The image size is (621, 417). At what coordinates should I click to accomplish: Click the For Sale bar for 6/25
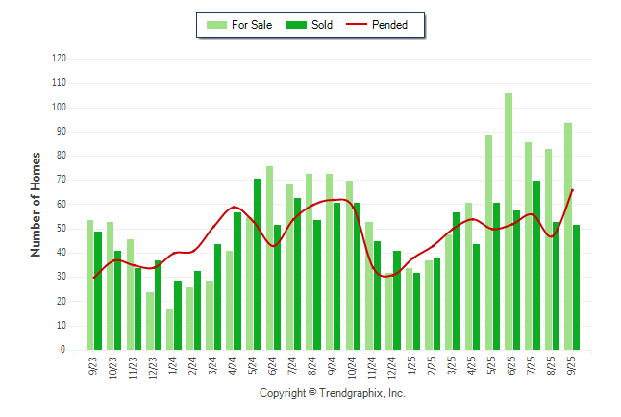point(509,222)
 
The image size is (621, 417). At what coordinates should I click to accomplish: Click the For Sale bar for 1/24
point(170,330)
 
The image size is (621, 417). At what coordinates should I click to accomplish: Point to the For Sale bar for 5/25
point(488,242)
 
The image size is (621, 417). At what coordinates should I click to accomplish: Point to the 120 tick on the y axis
point(60,59)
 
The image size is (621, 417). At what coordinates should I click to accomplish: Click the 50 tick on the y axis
point(61,229)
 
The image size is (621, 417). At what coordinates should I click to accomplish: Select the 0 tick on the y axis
point(63,350)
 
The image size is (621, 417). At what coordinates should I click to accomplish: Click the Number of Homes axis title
point(37,204)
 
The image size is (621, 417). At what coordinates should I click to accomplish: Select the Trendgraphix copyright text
point(333,393)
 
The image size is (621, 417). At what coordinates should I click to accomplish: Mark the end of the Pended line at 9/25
point(573,190)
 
